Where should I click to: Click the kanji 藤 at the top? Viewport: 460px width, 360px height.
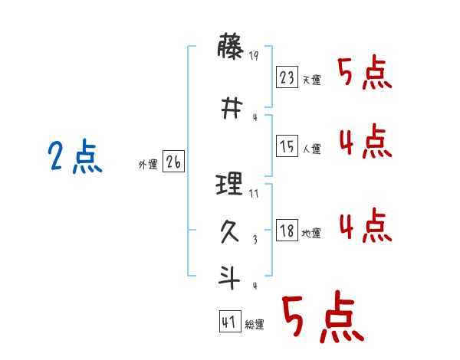[230, 49]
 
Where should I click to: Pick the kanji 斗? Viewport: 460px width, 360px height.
[230, 276]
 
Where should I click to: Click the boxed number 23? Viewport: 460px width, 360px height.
[287, 77]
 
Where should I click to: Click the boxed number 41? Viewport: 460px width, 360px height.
[229, 322]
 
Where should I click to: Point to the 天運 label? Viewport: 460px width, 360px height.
[311, 80]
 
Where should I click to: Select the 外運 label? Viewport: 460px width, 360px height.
[148, 164]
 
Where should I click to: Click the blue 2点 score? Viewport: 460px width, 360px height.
[75, 159]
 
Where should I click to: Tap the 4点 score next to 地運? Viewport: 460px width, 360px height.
[365, 226]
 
